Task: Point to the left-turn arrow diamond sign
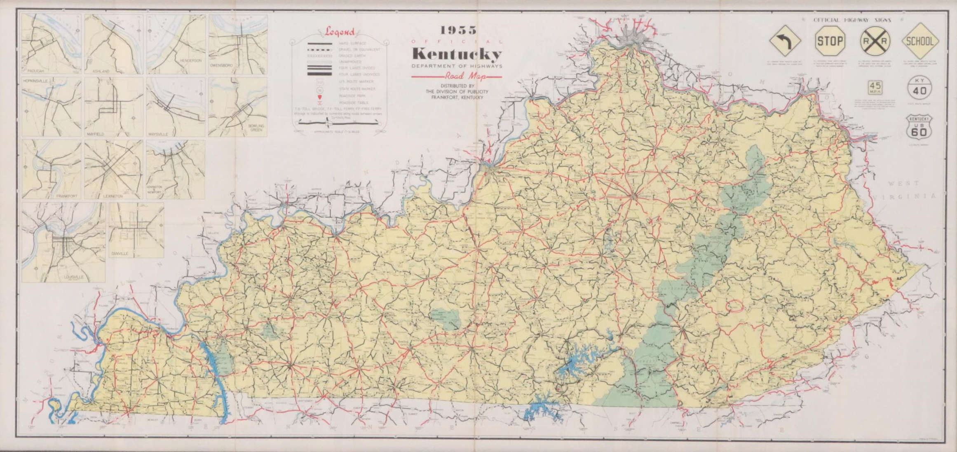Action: pos(785,41)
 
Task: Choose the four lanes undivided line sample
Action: pos(319,74)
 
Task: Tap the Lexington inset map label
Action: pos(113,196)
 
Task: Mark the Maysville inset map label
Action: pos(157,134)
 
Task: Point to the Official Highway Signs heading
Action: pos(852,20)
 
